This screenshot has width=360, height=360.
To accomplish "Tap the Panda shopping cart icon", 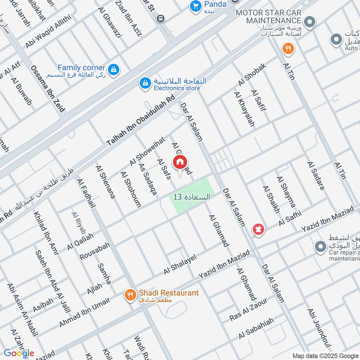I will pos(195,6).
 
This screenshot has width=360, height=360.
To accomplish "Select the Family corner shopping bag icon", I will pos(114,69).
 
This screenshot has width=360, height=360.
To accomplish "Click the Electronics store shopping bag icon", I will pos(145,83).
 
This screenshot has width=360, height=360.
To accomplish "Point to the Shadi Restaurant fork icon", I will pos(130,295).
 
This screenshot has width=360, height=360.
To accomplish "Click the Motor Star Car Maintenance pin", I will pos(309,21).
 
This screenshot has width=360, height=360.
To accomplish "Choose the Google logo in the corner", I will pos(19,353).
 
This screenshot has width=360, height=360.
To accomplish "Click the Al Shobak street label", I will pos(252,75).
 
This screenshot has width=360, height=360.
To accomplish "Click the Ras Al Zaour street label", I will pos(248,310).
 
